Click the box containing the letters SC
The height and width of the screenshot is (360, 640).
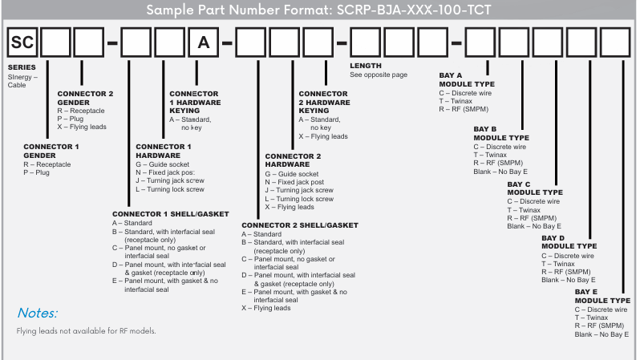[x=22, y=43]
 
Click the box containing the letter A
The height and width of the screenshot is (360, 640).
[x=204, y=43]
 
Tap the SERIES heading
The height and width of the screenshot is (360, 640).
[x=21, y=68]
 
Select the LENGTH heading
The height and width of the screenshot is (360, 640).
[x=366, y=66]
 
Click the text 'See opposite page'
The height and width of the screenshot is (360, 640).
[x=379, y=75]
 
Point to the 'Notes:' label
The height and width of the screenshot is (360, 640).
[x=38, y=313]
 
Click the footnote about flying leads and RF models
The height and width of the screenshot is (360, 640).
[x=86, y=331]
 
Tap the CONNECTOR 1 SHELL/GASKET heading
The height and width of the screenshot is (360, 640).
[x=170, y=214]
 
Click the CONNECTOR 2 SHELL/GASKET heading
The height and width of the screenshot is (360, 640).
[x=300, y=225]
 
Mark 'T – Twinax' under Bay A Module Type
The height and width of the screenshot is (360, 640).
[x=456, y=101]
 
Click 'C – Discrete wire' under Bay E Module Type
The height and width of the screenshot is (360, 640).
[x=602, y=309]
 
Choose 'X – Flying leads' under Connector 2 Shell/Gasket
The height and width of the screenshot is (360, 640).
[x=269, y=308]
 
